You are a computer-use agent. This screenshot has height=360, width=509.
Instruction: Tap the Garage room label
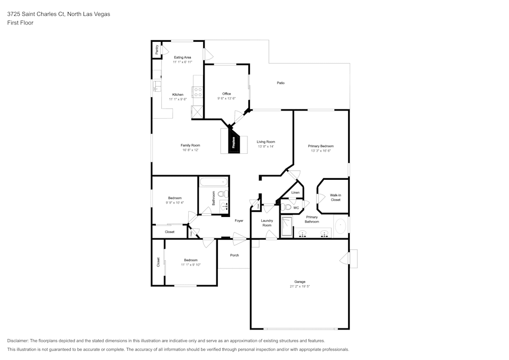click(300, 282)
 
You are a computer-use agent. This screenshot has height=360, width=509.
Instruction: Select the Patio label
click(280, 82)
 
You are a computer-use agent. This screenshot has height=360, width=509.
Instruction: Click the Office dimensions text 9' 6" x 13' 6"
click(227, 99)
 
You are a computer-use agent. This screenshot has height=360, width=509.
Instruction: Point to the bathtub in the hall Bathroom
click(214, 182)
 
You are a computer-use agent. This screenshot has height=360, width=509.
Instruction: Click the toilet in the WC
click(287, 207)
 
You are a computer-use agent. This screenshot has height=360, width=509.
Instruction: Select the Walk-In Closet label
click(335, 198)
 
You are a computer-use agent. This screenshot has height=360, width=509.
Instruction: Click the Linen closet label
click(295, 192)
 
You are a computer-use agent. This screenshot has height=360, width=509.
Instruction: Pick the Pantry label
click(157, 49)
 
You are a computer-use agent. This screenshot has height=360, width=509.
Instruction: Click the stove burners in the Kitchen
click(197, 92)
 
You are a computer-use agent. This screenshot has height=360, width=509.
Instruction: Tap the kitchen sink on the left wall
click(157, 87)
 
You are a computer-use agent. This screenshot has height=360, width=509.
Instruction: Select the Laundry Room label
click(267, 223)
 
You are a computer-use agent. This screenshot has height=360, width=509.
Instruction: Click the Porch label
click(235, 255)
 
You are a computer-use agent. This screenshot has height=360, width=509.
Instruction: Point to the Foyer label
click(239, 220)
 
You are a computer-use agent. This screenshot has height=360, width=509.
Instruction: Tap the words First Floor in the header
click(20, 23)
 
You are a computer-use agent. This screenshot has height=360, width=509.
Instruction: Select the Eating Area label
click(182, 58)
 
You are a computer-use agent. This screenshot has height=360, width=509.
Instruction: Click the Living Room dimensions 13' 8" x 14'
click(265, 147)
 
